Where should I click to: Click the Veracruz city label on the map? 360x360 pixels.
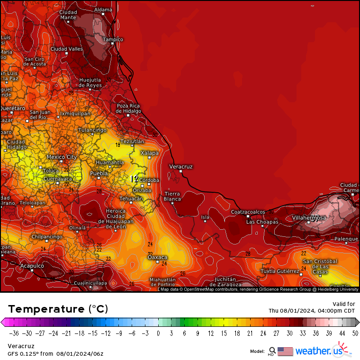point(181,167)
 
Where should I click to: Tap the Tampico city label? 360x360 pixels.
point(113,39)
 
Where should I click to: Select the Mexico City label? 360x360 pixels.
point(62,157)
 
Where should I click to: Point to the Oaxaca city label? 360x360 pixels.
point(158,257)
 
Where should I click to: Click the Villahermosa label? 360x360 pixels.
point(308,217)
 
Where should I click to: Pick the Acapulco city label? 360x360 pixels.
point(32,266)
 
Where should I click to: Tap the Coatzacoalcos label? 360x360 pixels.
point(248,212)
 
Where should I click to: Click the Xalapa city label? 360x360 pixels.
point(149,153)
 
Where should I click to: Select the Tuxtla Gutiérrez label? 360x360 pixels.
point(280,271)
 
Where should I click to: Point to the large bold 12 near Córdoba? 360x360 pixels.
point(134,179)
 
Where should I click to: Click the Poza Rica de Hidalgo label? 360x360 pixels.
point(128,108)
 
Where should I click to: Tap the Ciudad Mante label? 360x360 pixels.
point(68,15)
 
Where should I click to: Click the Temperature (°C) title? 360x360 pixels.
point(58,309)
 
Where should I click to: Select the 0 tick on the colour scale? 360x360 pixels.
point(158,333)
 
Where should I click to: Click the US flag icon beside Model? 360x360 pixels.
point(285,351)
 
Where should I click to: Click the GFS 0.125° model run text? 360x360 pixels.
point(55,353)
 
